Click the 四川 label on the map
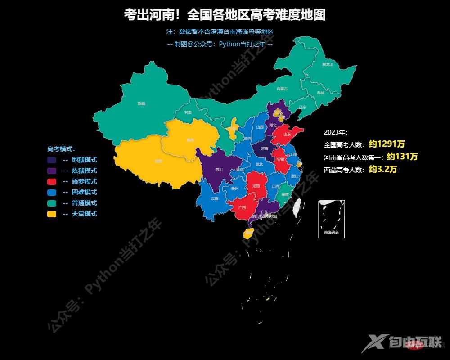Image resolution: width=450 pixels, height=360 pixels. (219, 170)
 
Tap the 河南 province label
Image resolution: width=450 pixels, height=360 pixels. (265, 148)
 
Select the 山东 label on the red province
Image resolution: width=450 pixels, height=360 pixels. (287, 134)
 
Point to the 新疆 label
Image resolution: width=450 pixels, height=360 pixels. (142, 103)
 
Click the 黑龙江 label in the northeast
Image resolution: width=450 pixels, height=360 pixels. (328, 65)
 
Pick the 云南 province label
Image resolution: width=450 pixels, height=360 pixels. (214, 198)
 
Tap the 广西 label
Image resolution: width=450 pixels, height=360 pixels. (242, 207)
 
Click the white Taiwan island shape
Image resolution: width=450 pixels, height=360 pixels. (297, 208)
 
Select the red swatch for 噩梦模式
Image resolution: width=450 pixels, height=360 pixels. (52, 181)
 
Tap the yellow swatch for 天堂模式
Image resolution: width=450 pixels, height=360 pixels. (52, 214)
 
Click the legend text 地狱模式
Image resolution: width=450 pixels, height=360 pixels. (84, 160)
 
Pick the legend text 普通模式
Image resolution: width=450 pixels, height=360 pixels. (84, 203)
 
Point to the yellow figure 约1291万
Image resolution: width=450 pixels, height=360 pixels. (387, 144)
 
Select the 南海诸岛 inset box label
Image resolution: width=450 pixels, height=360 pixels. (331, 233)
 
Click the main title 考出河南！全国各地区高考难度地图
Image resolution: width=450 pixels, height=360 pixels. (225, 15)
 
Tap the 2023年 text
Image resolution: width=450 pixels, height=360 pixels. (336, 132)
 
